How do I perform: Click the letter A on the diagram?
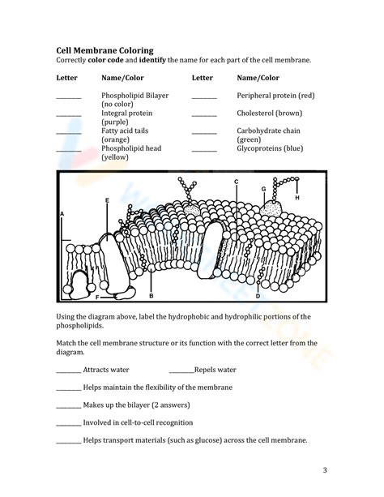click(62, 213)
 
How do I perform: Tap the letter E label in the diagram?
click(107, 199)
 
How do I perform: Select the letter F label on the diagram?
click(97, 298)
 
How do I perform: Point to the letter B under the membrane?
click(151, 297)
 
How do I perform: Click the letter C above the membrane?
click(236, 181)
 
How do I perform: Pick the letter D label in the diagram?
click(258, 285)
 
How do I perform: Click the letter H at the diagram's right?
click(297, 197)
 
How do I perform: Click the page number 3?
click(324, 470)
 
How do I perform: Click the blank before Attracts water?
click(68, 371)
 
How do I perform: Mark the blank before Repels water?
click(181, 371)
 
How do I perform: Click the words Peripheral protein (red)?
click(275, 96)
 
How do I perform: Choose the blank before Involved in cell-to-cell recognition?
click(68, 424)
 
